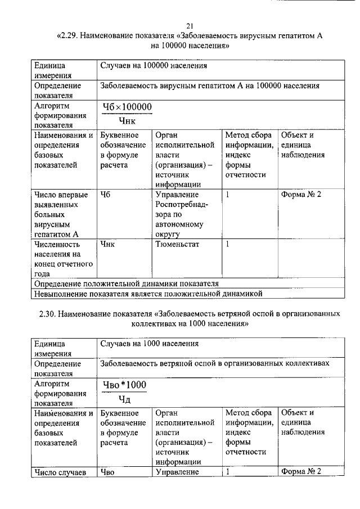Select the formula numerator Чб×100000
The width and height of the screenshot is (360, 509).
click(127, 107)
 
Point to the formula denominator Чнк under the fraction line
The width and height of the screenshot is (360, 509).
click(128, 120)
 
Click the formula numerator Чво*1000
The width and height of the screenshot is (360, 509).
click(124, 385)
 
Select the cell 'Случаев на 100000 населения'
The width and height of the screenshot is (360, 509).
click(154, 66)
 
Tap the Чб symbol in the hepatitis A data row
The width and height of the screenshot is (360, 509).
click(105, 195)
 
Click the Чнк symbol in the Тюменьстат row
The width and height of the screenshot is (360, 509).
click(107, 245)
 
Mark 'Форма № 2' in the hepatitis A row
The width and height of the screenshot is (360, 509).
click(301, 195)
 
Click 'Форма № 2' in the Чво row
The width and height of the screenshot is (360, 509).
click(301, 472)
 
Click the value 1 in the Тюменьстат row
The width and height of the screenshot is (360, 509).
click(228, 245)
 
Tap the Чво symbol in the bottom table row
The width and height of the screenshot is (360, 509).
click(107, 472)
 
